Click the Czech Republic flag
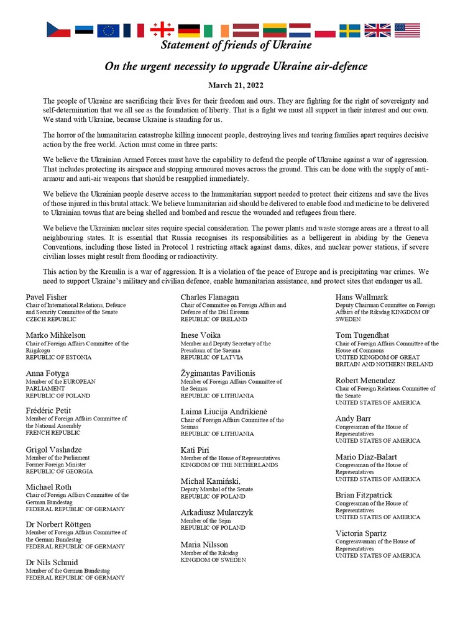click(58, 30)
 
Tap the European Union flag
click(108, 30)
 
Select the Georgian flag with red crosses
click(161, 30)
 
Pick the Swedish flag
click(349, 30)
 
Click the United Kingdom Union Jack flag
click(377, 30)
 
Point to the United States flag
click(407, 30)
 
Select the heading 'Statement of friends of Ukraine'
click(236, 45)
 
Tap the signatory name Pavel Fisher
click(47, 297)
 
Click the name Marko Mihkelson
click(56, 335)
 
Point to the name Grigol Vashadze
click(54, 449)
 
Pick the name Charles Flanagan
click(209, 297)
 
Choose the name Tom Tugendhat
click(362, 335)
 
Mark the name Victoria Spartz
click(361, 533)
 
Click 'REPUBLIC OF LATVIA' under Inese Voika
click(211, 357)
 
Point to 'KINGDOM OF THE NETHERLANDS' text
click(229, 465)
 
